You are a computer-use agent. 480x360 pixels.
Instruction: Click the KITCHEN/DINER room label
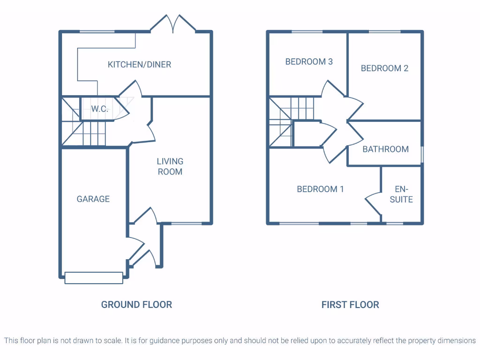click(x=139, y=64)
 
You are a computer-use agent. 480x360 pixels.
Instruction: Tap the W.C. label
click(x=99, y=109)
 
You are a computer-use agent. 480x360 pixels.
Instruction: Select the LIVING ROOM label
click(x=170, y=166)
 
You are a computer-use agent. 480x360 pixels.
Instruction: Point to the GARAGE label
click(x=93, y=199)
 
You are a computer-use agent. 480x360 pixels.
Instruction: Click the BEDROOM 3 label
click(x=309, y=61)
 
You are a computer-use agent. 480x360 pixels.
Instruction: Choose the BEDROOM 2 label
click(x=384, y=68)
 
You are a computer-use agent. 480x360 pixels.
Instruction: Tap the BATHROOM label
click(x=385, y=149)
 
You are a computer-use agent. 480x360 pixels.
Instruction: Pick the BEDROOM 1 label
click(x=320, y=189)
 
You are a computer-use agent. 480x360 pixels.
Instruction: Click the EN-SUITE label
click(x=401, y=194)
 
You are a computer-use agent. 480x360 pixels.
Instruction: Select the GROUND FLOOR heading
click(x=136, y=305)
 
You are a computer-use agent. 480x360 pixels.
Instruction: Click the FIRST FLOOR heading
click(x=350, y=305)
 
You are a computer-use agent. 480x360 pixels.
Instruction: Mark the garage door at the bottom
click(x=94, y=278)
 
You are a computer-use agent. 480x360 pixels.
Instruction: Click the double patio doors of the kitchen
click(x=173, y=24)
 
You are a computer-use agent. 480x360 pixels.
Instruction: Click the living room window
click(x=187, y=223)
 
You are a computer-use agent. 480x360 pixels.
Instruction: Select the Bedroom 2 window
click(x=384, y=31)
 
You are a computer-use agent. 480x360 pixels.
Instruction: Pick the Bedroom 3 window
click(x=307, y=31)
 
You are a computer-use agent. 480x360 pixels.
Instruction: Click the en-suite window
click(x=395, y=224)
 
